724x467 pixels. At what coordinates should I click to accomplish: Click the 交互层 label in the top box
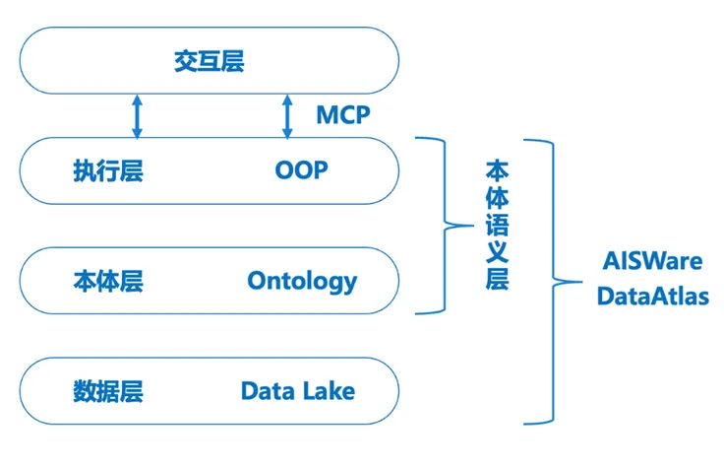(x=209, y=62)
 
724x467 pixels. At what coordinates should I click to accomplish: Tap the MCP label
(x=342, y=115)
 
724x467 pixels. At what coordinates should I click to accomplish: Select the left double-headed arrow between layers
(x=137, y=116)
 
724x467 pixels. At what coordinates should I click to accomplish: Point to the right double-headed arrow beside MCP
(x=287, y=116)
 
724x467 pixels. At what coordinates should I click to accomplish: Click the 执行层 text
(x=108, y=171)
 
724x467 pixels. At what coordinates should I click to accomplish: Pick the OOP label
(x=301, y=170)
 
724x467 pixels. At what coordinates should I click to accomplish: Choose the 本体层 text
(x=108, y=282)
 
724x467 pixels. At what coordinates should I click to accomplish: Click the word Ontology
(x=302, y=282)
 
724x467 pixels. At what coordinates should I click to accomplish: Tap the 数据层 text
(x=108, y=391)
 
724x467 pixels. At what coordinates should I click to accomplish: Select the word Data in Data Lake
(x=269, y=391)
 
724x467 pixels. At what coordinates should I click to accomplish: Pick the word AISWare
(x=653, y=263)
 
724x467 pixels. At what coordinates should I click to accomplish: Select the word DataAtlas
(x=653, y=296)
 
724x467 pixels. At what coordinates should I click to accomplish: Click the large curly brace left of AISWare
(x=546, y=282)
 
